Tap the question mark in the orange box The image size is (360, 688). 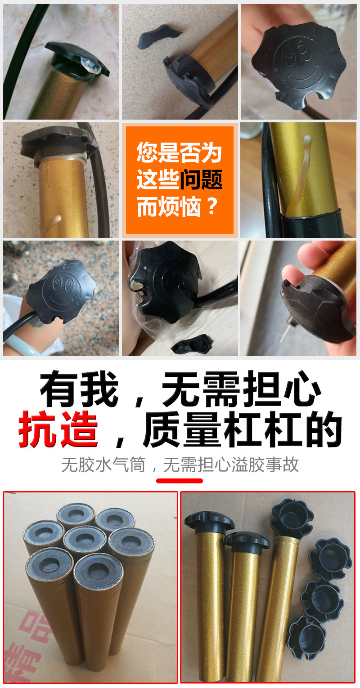(x=212, y=207)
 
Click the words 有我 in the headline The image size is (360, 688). (x=79, y=387)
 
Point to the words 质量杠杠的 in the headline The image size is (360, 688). (x=243, y=429)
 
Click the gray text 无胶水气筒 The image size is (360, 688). (x=103, y=465)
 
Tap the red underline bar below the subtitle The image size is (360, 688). (x=180, y=481)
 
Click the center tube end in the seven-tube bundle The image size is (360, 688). (x=84, y=537)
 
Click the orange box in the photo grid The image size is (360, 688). (x=180, y=180)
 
